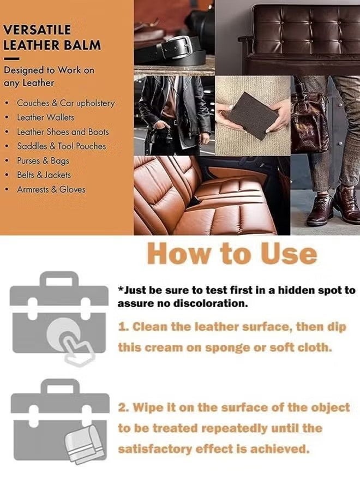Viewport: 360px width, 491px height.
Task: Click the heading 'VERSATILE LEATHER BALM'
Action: (x=52, y=37)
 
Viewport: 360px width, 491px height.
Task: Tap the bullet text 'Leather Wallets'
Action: (x=45, y=117)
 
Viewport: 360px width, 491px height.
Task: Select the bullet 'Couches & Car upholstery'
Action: (x=65, y=103)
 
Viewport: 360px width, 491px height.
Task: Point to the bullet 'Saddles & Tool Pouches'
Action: (x=61, y=146)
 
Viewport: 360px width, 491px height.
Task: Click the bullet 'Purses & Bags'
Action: (x=43, y=161)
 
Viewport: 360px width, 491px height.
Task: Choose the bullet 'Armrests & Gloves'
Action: (x=51, y=190)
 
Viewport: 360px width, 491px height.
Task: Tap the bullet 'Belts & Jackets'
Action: (x=44, y=175)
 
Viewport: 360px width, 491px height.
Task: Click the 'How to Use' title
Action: (x=232, y=254)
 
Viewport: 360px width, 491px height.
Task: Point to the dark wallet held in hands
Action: (x=253, y=115)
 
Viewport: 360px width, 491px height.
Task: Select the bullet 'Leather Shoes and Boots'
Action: (x=63, y=132)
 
